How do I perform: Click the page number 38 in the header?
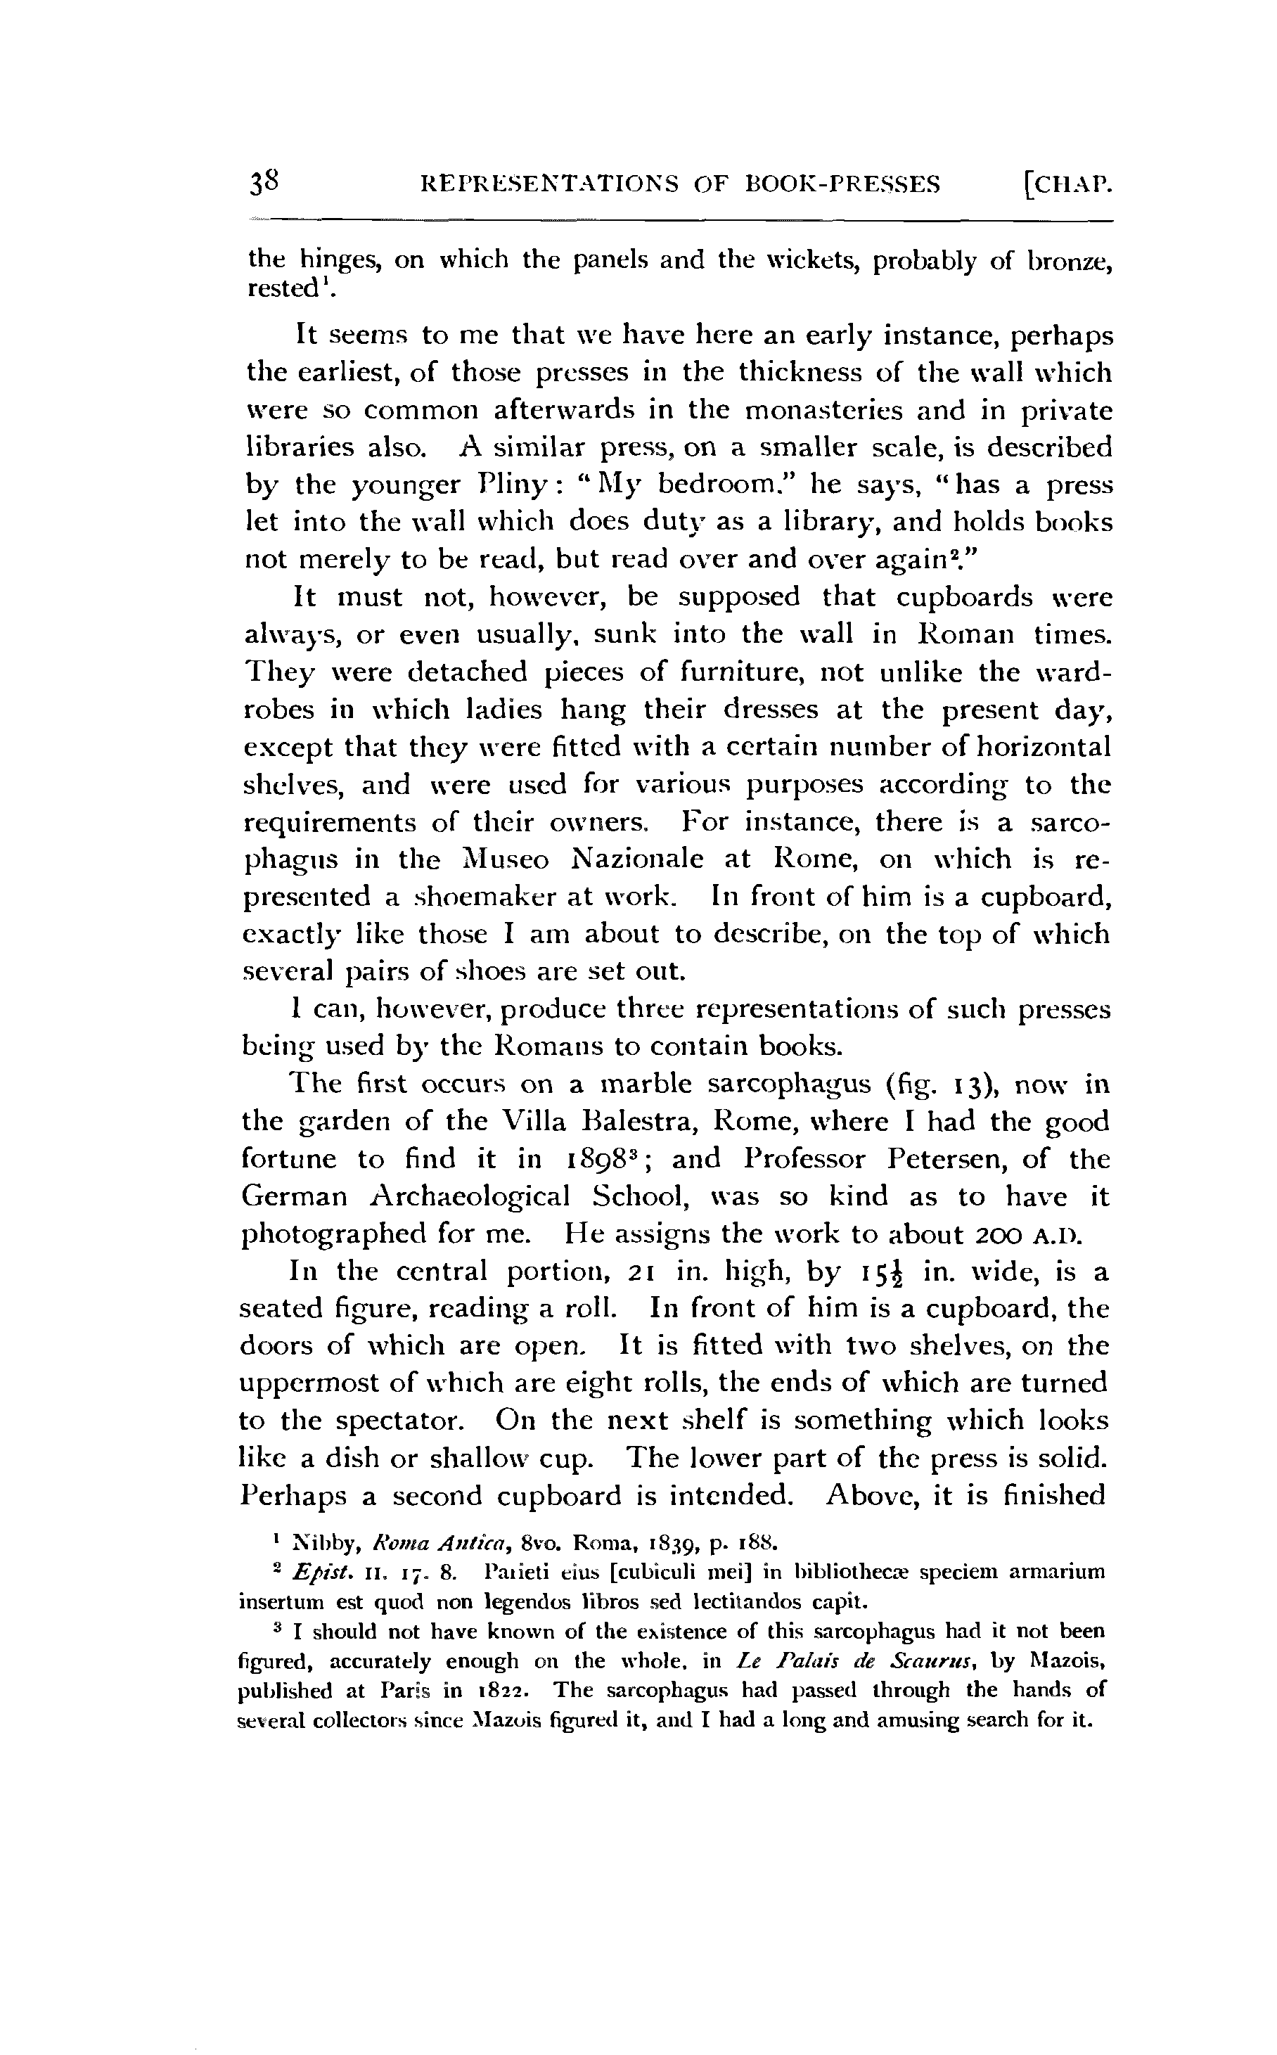click(x=263, y=181)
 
